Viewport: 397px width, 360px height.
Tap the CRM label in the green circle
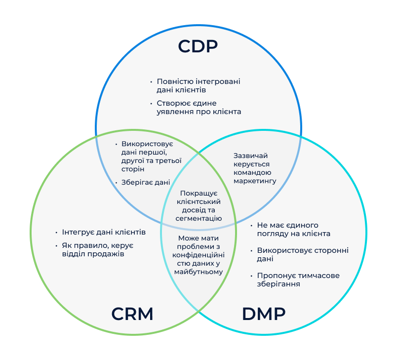(132, 314)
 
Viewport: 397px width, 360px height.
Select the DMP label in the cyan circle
(264, 314)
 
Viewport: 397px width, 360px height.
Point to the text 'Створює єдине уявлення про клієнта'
(198, 107)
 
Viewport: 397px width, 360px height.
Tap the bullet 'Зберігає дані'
(146, 182)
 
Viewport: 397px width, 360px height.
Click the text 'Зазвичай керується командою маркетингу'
(254, 168)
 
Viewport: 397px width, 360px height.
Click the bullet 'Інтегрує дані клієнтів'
(104, 232)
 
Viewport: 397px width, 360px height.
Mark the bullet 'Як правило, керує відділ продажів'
(97, 250)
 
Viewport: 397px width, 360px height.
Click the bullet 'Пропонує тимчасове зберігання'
(298, 280)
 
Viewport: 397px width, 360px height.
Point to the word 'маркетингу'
(254, 181)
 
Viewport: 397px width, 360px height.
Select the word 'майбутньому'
(198, 272)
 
